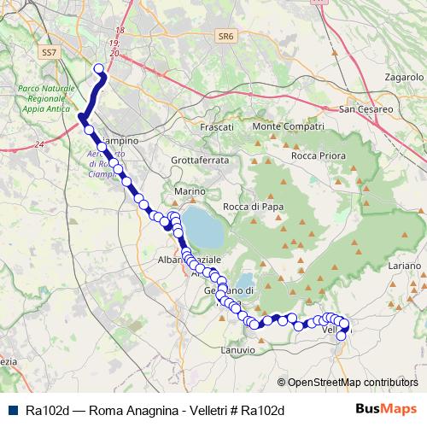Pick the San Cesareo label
(x=366, y=110)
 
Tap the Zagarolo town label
(x=405, y=77)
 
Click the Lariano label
(x=404, y=267)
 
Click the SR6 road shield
(x=225, y=37)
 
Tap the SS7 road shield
(x=50, y=52)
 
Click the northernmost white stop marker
(x=98, y=69)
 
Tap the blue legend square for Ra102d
(x=12, y=409)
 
